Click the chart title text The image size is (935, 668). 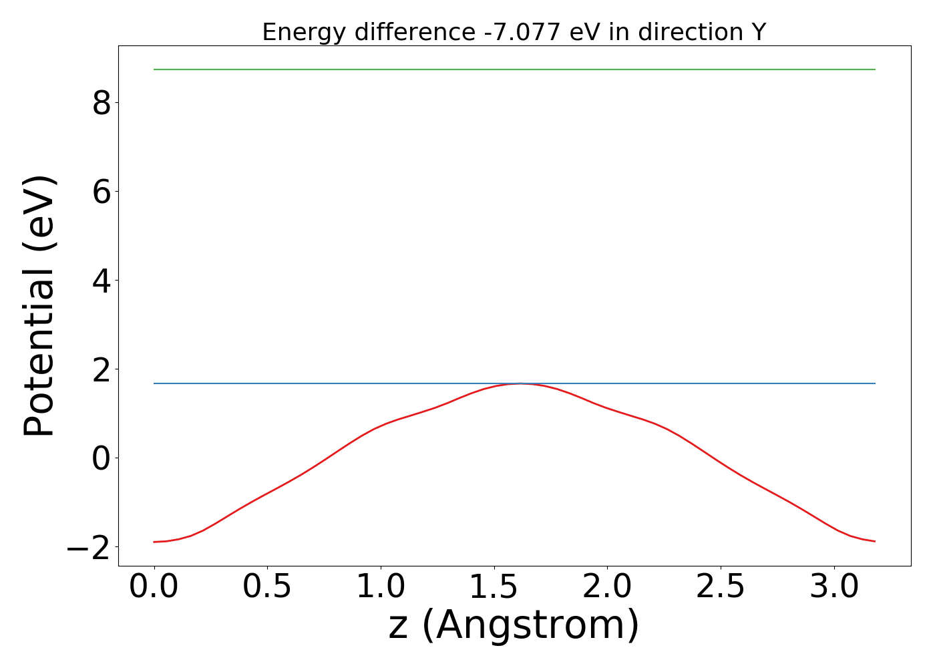coord(514,32)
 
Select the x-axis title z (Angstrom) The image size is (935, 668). coord(514,625)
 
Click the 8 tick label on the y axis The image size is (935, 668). coord(102,103)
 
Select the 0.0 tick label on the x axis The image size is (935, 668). coord(154,587)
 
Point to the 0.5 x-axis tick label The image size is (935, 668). coord(267,587)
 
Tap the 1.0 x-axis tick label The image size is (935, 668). coord(380,587)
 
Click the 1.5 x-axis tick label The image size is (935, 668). coord(494,587)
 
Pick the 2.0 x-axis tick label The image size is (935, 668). coord(607,587)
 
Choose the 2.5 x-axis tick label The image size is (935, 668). coord(720,587)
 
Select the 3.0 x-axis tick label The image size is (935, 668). coord(833,587)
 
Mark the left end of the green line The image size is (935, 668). coord(154,69)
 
